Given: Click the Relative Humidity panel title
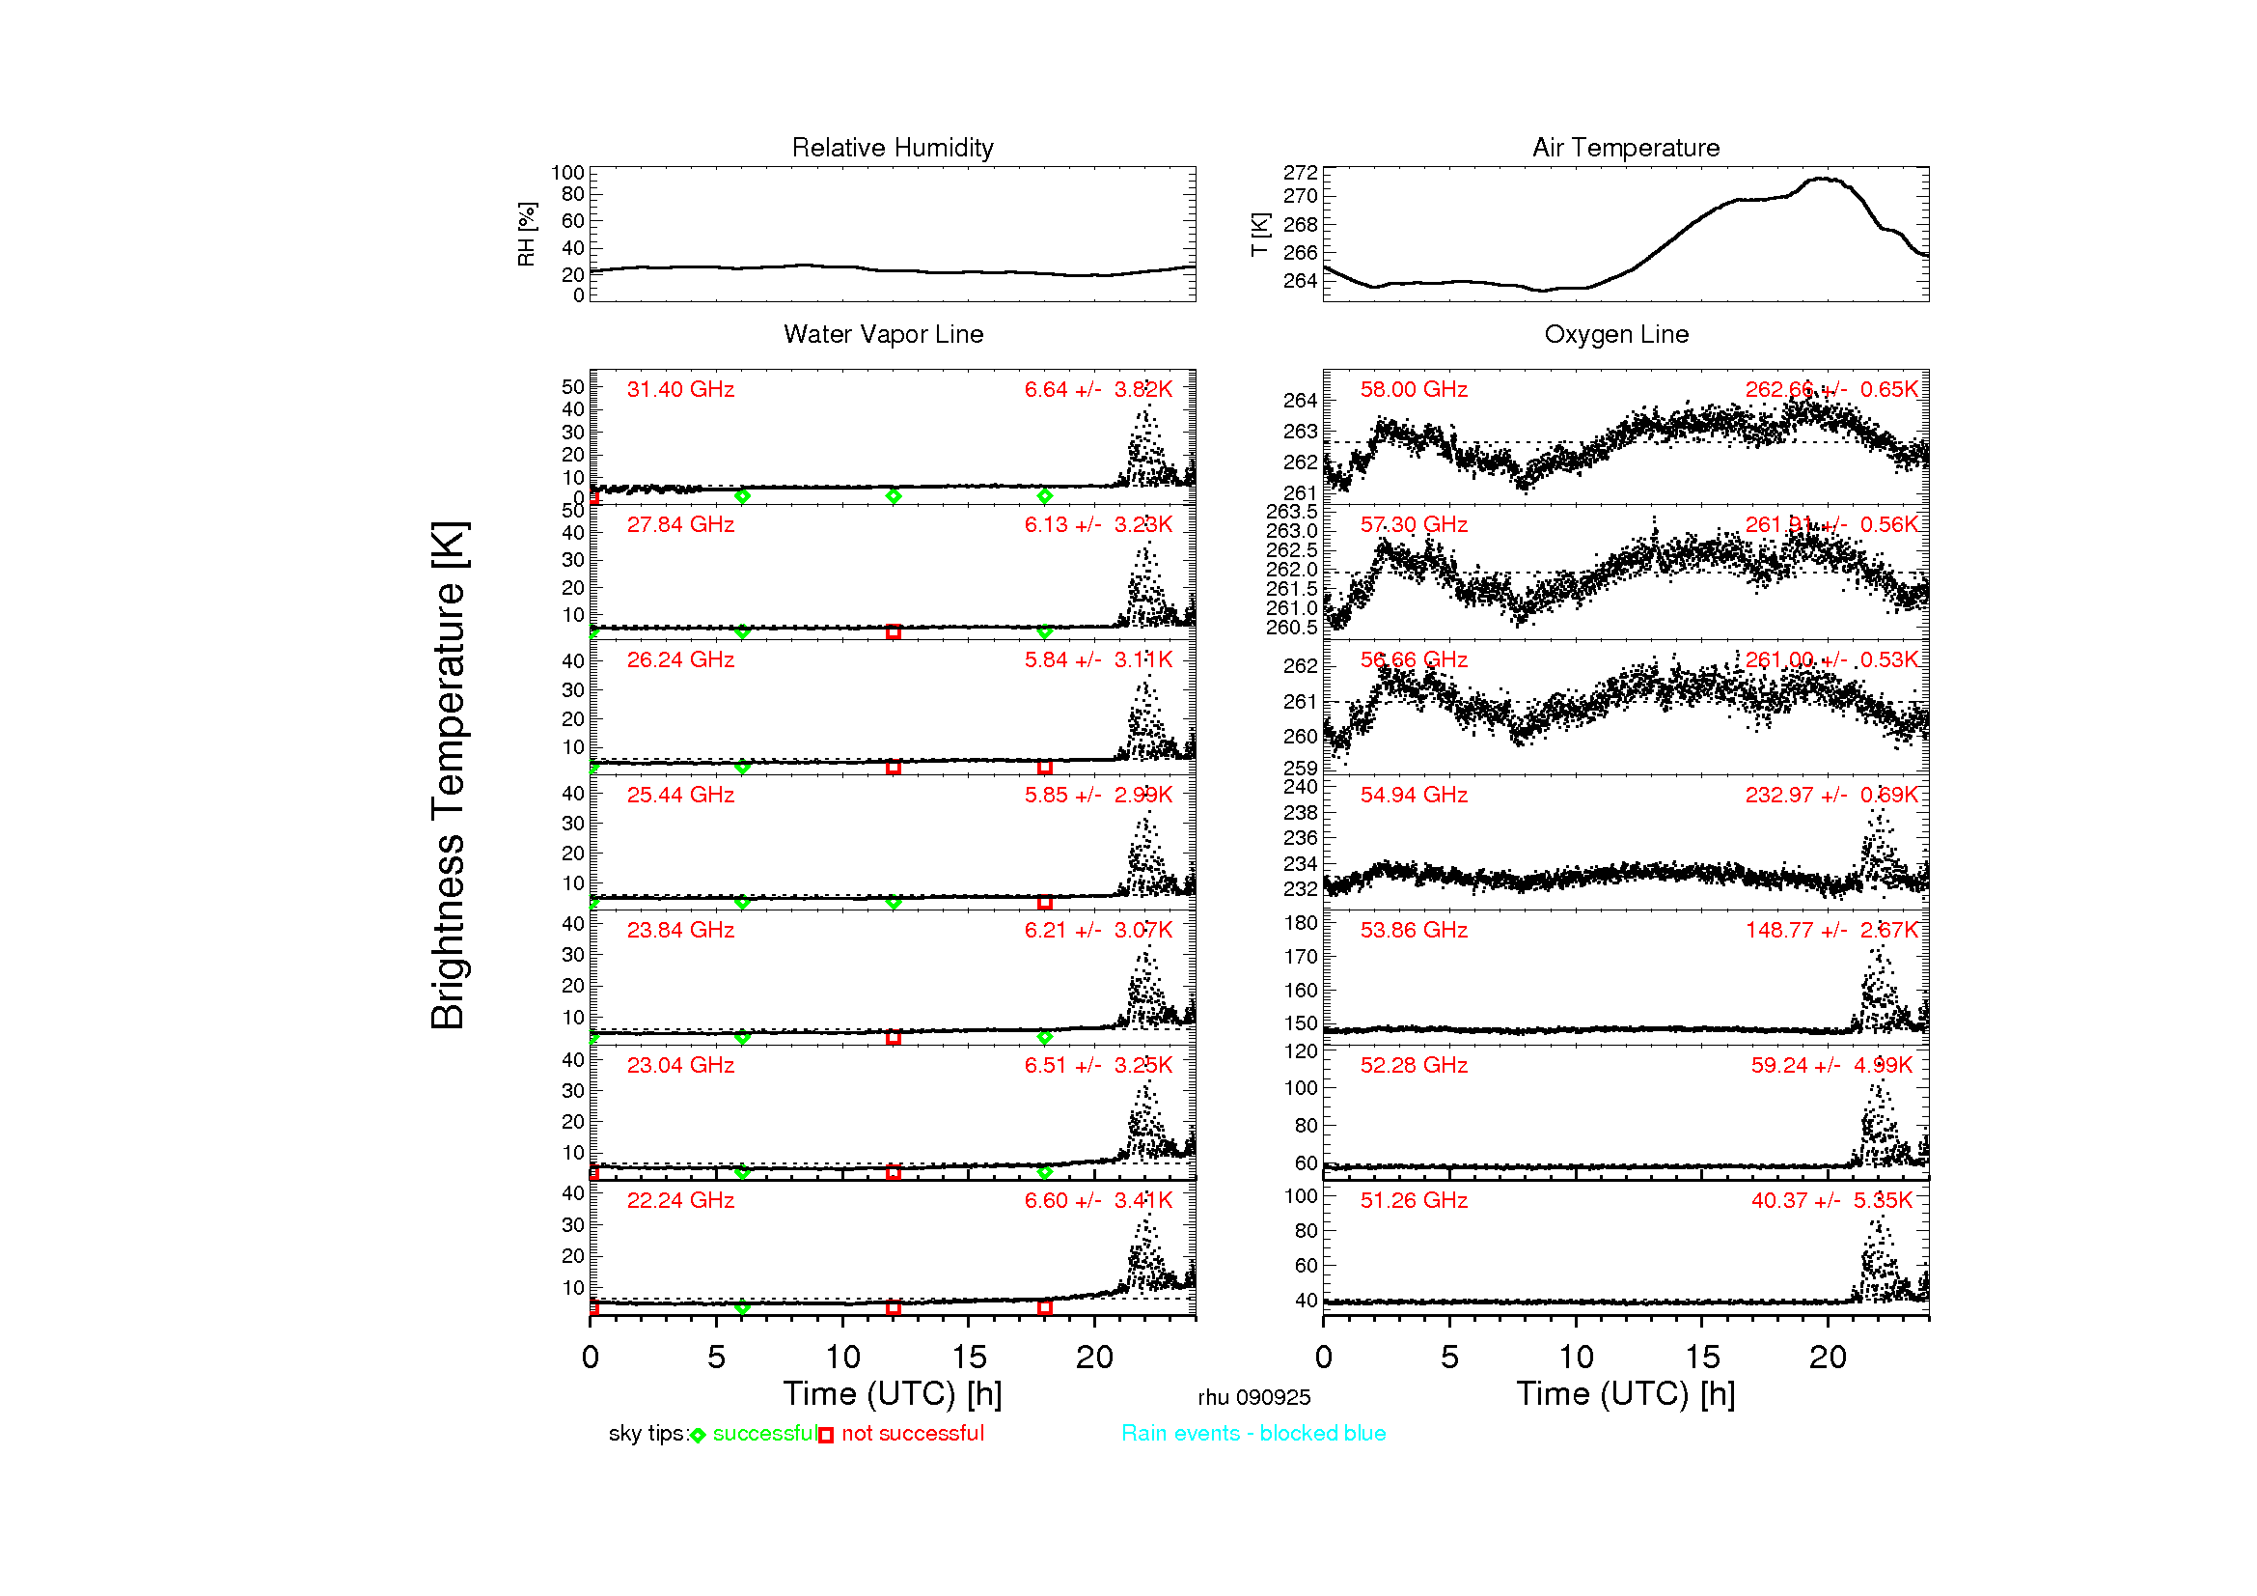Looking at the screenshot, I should tap(893, 148).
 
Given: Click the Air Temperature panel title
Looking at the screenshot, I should tap(1626, 148).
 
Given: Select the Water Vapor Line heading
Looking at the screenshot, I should tap(883, 334).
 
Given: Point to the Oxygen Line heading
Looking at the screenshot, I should tap(1616, 334).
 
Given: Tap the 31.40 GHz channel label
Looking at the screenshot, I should tap(680, 389).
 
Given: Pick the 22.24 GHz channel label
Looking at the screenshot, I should tap(680, 1201).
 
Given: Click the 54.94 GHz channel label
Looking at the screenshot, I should tap(1414, 795).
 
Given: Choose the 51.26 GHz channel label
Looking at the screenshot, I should tap(1414, 1201).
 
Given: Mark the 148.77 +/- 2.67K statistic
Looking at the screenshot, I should tap(1831, 930).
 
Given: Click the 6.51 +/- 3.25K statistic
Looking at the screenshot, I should tap(1098, 1065).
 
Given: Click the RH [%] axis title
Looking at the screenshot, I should tap(527, 235).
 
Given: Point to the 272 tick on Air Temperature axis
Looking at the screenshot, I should tap(1300, 173).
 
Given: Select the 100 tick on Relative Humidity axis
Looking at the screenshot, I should tap(567, 173).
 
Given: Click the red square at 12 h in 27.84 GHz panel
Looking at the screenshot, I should tap(893, 631).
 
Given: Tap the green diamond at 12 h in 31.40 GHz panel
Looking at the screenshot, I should tap(893, 496).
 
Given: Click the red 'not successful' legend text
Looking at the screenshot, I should tap(912, 1434).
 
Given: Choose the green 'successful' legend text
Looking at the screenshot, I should tap(764, 1434).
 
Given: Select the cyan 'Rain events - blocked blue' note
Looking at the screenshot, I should tap(1253, 1434).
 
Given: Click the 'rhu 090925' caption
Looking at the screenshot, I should tap(1253, 1397).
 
